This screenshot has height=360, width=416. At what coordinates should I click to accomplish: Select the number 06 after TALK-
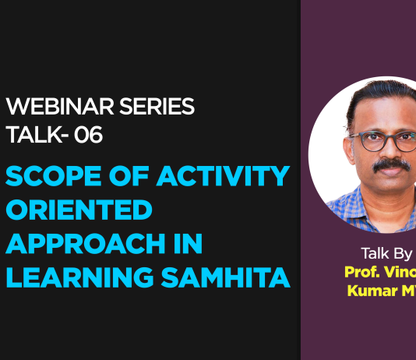pos(87,135)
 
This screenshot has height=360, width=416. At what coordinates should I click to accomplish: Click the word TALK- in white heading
pos(37,135)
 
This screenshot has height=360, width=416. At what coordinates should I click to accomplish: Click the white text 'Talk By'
pos(386,253)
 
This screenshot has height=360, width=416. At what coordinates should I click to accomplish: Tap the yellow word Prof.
pos(363,272)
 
